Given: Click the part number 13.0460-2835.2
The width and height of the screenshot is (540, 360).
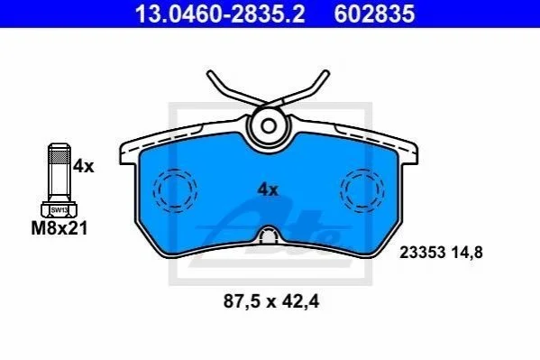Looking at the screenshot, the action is coord(220,14).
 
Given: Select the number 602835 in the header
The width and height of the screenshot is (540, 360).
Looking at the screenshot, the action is coord(374,14).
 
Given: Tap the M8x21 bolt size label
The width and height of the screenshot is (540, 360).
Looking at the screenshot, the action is coord(59,228).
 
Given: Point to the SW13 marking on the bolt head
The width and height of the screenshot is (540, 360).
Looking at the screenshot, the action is coord(59,210).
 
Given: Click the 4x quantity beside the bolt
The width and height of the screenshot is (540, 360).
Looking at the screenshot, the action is coord(83,167).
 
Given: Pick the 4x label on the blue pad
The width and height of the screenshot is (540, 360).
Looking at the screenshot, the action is coord(268,189).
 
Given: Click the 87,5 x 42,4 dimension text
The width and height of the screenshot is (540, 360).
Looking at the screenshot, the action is coord(271,301).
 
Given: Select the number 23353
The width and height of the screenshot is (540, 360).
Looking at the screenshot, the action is coord(423,253).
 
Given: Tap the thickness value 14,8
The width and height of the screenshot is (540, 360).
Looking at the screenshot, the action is coord(466,253).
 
